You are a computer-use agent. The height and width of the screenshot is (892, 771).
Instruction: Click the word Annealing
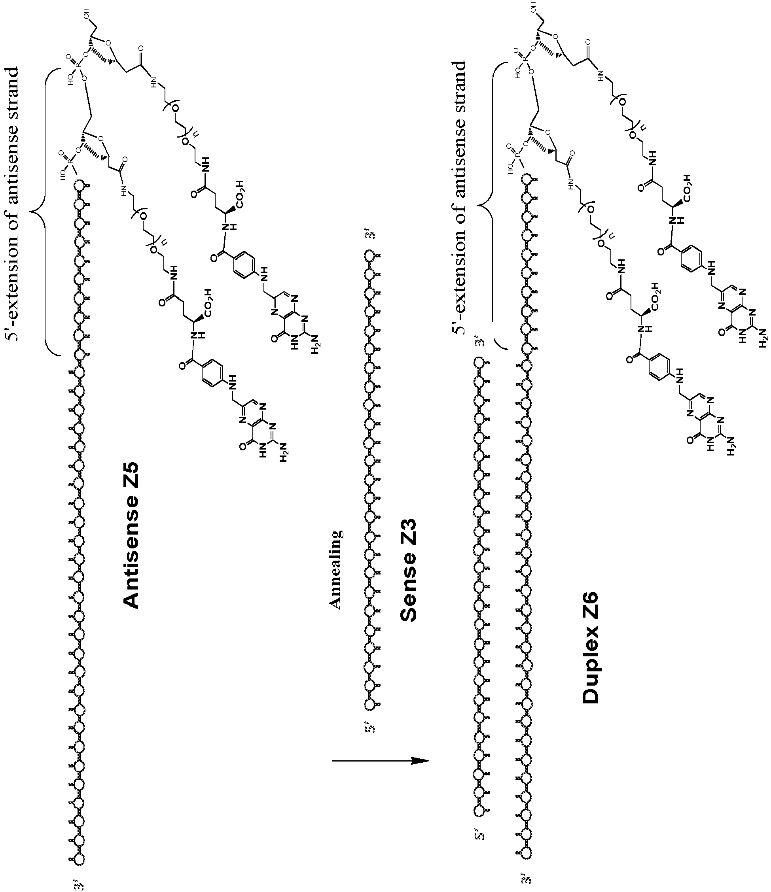(337, 570)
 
